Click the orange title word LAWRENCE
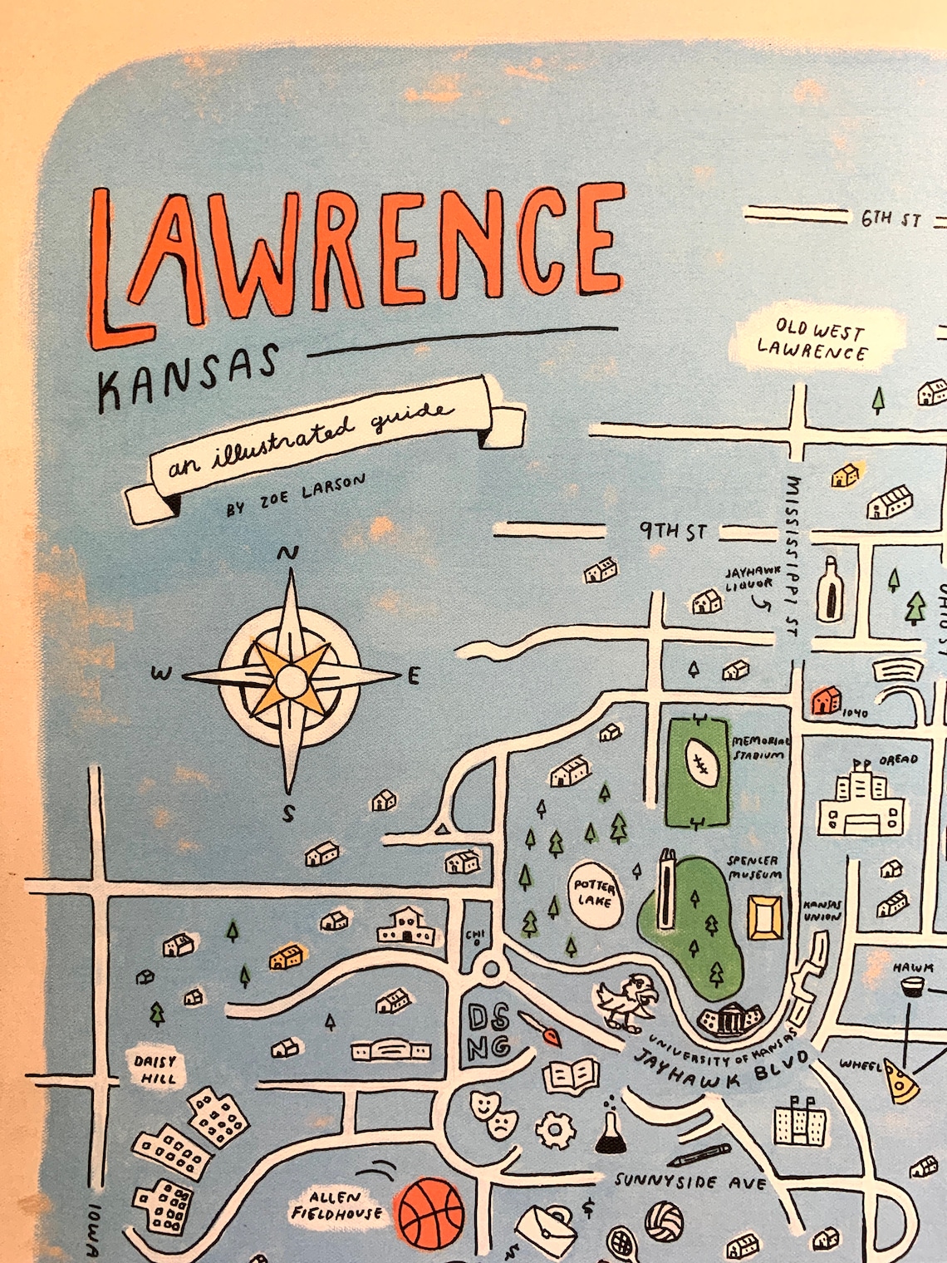point(357,258)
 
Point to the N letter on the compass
point(291,553)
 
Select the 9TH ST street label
point(673,530)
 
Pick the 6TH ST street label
point(891,219)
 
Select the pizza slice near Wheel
point(900,1079)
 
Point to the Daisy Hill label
point(155,1069)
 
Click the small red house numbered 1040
point(826,701)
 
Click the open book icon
point(571,1076)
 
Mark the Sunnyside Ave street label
point(689,1181)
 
